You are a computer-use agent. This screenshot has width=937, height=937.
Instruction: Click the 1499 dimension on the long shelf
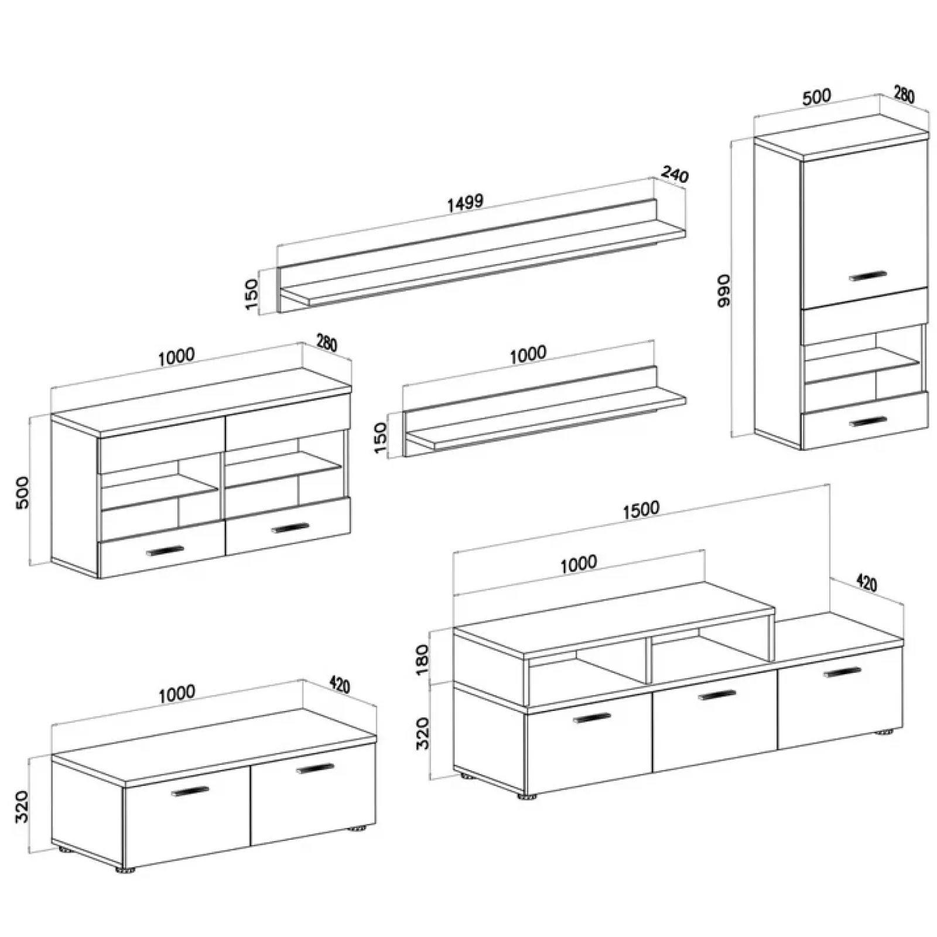pos(465,202)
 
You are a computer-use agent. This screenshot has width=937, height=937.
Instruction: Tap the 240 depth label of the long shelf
pos(675,175)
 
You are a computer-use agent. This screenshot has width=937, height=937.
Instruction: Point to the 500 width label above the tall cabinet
pos(816,97)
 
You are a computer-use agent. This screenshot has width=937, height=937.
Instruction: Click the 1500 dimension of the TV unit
pos(641,509)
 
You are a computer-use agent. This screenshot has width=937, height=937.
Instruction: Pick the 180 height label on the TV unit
pos(422,659)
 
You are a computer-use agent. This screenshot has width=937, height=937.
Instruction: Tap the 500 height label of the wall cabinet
pos(22,492)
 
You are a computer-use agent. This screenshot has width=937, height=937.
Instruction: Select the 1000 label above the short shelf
pos(528,354)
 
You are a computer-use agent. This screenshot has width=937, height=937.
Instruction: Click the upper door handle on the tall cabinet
pos(867,276)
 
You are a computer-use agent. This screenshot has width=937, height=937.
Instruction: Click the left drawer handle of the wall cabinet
pos(165,551)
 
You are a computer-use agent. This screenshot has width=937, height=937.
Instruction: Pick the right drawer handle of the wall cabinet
pos(290,528)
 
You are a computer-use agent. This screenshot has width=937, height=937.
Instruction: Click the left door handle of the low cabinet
pos(190,791)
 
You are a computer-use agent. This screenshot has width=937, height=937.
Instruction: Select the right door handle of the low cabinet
pos(314,768)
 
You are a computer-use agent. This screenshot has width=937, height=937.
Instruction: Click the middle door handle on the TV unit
pos(717,695)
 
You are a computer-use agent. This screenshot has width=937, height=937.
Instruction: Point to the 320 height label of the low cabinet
pos(22,806)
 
